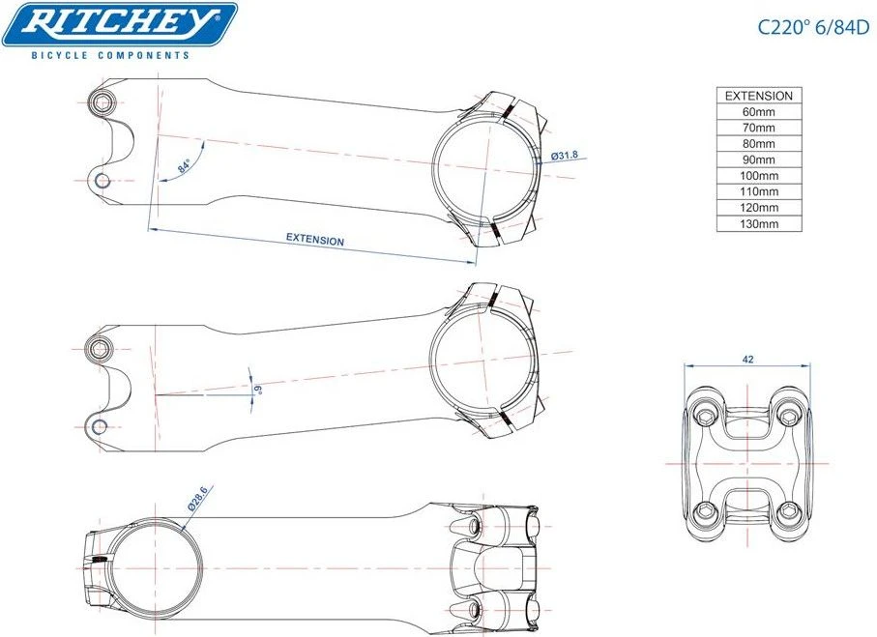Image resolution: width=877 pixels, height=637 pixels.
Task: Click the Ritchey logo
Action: [x=120, y=25]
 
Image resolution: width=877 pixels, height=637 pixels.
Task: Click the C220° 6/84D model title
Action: [x=814, y=27]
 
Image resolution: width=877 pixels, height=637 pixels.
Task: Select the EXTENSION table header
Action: [x=759, y=96]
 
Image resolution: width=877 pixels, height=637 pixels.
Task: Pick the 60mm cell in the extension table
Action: [x=759, y=112]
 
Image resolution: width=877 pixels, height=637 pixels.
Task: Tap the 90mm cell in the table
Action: [x=759, y=159]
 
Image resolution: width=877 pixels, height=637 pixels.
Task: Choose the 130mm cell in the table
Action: [x=759, y=223]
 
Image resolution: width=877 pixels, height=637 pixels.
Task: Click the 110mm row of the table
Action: [x=759, y=191]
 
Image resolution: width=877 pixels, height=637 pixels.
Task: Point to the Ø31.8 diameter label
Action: [x=565, y=156]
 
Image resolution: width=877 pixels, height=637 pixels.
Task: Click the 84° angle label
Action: [x=184, y=166]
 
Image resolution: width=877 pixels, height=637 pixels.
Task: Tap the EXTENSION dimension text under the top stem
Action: [x=315, y=240]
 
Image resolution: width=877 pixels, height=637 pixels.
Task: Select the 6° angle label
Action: [x=258, y=390]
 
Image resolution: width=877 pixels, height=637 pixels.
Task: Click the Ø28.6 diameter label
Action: [x=198, y=499]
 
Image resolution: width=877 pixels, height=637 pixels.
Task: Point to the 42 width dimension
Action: [x=747, y=360]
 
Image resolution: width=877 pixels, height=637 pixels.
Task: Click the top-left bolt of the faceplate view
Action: [x=706, y=416]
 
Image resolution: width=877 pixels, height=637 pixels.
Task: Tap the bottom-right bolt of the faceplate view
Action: [x=789, y=509]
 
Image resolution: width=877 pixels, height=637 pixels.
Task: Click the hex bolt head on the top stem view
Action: [x=102, y=102]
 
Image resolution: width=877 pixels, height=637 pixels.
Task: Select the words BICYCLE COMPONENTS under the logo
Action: [x=110, y=55]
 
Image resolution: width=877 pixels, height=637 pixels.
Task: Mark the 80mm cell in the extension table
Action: [x=759, y=144]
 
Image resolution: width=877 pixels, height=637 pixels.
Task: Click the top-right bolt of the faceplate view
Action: [x=789, y=416]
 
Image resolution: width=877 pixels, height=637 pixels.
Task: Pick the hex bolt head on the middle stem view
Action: [x=101, y=349]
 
